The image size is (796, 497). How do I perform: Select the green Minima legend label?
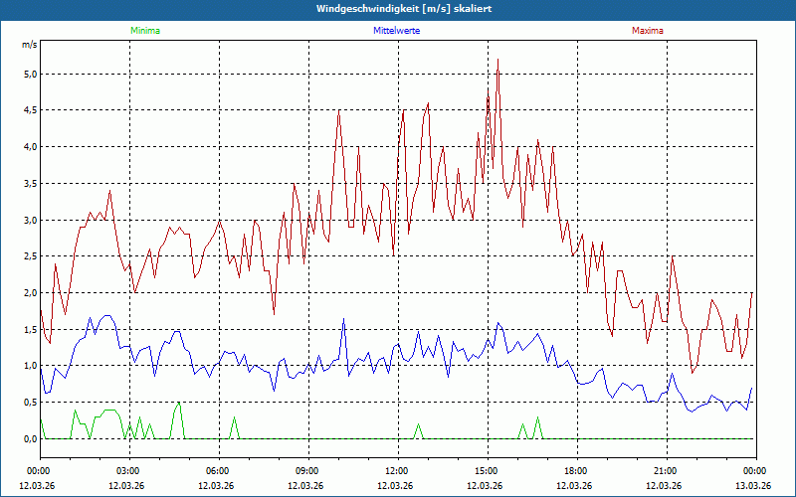click(x=144, y=31)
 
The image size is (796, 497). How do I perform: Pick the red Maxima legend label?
click(x=647, y=31)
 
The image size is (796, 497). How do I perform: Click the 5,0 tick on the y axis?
click(x=30, y=75)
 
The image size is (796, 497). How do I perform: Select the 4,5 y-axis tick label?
click(x=30, y=110)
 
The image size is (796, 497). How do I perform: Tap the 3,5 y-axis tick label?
click(x=30, y=184)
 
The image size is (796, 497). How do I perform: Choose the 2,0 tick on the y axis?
click(x=30, y=293)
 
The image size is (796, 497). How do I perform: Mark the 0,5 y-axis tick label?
click(x=30, y=403)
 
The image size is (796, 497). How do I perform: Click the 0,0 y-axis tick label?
click(x=30, y=439)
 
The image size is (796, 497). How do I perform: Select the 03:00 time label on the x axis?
click(x=128, y=471)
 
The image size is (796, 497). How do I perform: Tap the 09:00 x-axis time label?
click(x=307, y=471)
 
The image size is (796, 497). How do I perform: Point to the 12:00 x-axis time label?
click(x=397, y=471)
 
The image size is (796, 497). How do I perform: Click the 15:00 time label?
click(x=487, y=471)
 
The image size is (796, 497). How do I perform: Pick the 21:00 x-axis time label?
click(x=666, y=471)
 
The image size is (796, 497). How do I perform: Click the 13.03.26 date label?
click(x=753, y=485)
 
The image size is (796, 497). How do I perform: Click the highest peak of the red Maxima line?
click(x=497, y=60)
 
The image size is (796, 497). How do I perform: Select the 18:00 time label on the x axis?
click(x=576, y=471)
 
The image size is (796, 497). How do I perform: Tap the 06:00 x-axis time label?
click(x=218, y=471)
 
